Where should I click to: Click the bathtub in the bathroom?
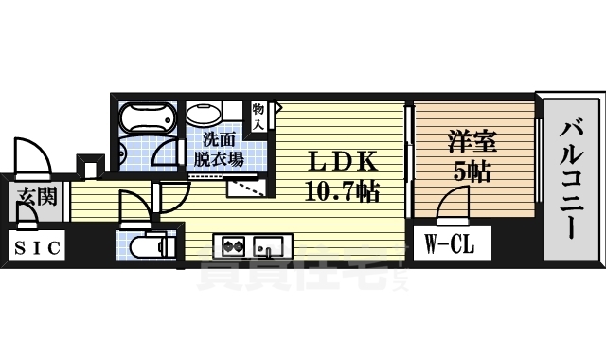148,120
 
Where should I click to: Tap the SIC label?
39,248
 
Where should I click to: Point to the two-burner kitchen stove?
233,247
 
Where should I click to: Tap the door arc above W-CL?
453,202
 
